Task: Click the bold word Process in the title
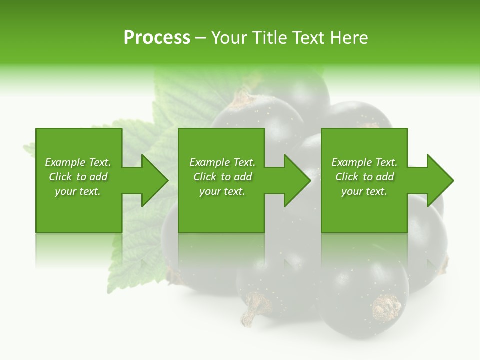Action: coord(157,38)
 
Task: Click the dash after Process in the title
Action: coord(200,38)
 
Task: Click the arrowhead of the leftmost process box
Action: coord(155,180)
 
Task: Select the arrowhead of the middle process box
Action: coord(298,180)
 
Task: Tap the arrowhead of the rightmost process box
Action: coord(440,180)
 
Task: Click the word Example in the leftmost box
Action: coord(65,162)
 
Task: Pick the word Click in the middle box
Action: coord(205,177)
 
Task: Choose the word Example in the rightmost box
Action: coord(352,162)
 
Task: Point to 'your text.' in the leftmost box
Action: coord(78,191)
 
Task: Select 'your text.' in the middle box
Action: coord(222,191)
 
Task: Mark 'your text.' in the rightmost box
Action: coord(364,191)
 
